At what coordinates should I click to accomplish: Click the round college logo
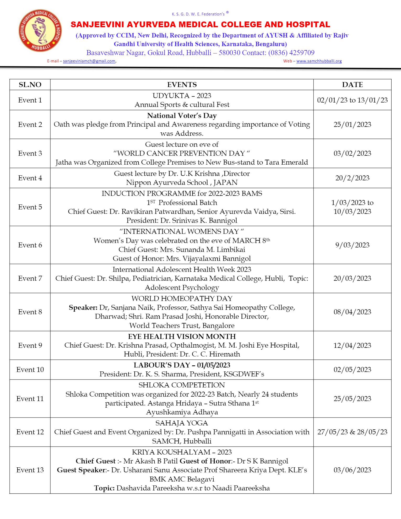click(40, 30)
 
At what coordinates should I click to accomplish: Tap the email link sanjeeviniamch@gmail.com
click(89, 61)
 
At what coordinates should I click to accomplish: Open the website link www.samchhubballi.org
click(319, 61)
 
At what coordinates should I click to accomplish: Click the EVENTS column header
click(182, 85)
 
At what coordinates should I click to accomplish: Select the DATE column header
click(352, 85)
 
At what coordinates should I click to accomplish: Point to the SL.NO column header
click(30, 85)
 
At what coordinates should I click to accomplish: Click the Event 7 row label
click(30, 278)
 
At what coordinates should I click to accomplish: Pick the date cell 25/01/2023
click(352, 125)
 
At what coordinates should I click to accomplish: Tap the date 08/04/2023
click(352, 312)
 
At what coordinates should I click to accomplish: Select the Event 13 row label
click(30, 470)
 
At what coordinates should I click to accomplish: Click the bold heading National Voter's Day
click(182, 116)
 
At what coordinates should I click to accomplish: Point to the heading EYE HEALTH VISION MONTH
click(182, 337)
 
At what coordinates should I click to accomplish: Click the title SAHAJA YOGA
click(182, 423)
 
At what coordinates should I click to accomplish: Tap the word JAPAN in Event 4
click(225, 182)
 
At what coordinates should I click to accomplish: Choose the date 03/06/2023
click(352, 470)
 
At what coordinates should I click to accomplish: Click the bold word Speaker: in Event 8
click(83, 307)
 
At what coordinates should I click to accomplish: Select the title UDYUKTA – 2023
click(182, 96)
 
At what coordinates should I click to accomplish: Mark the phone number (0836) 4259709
click(291, 53)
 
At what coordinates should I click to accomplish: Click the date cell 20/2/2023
click(352, 178)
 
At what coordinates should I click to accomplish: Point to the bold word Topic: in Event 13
click(104, 488)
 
